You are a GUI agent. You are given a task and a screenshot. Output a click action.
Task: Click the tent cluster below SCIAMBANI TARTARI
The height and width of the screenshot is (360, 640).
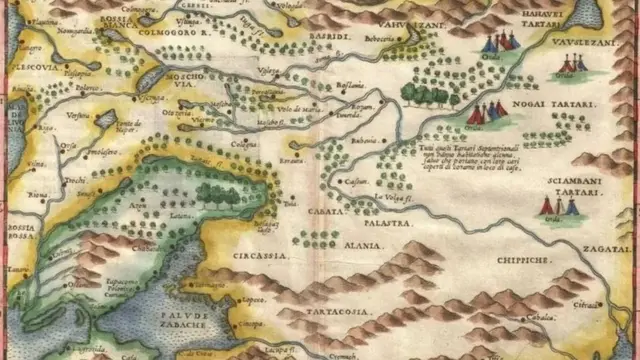coord(558,207)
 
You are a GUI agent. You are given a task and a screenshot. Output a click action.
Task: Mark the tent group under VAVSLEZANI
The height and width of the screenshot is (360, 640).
coord(570,67)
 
